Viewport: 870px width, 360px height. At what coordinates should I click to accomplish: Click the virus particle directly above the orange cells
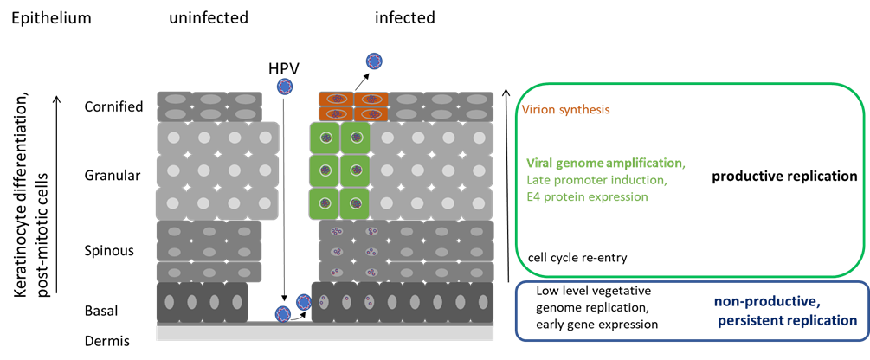click(x=374, y=61)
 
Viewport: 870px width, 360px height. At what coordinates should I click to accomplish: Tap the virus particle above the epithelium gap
click(x=284, y=86)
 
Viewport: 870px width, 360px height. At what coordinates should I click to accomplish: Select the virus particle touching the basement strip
click(x=283, y=313)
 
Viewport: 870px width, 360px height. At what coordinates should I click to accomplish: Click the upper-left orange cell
click(x=335, y=100)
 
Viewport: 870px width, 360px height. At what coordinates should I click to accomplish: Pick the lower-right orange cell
click(x=371, y=113)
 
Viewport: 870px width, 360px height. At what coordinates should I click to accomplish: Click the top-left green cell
click(x=325, y=138)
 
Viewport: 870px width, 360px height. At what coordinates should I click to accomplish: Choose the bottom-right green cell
click(x=355, y=204)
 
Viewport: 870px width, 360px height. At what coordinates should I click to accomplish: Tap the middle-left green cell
click(x=325, y=170)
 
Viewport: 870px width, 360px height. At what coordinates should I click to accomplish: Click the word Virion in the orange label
click(x=536, y=111)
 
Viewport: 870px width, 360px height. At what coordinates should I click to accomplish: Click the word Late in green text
click(x=538, y=180)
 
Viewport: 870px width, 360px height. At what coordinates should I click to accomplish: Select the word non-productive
click(x=767, y=301)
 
